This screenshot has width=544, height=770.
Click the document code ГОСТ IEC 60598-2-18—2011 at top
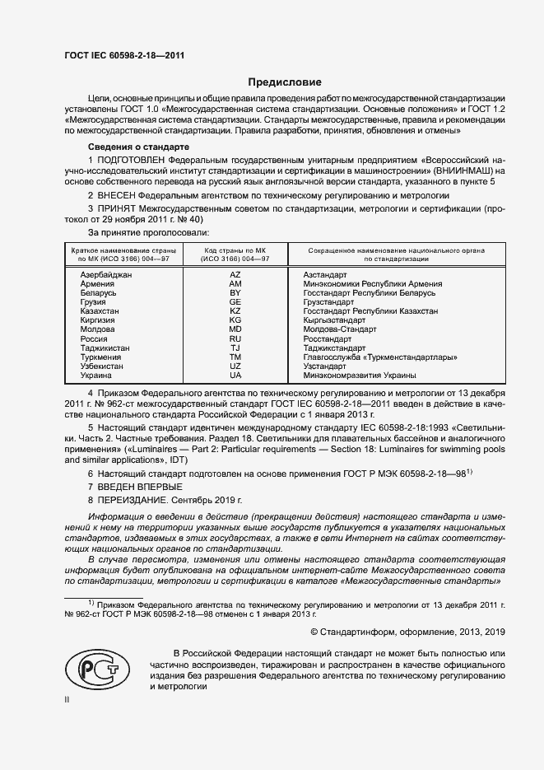pos(123,55)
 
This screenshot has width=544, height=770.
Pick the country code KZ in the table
pos(235,312)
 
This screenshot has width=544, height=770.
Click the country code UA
pos(235,376)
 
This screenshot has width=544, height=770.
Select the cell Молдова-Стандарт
pos(339,329)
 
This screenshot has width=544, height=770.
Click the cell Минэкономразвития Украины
pos(359,376)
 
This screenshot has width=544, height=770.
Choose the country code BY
pos(235,293)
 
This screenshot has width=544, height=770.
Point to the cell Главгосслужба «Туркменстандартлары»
pos(379,357)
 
